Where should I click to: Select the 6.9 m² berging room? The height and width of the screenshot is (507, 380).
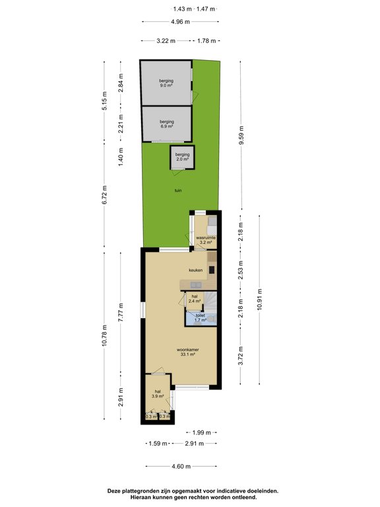point(166,124)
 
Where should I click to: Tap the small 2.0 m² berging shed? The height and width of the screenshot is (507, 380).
point(181,157)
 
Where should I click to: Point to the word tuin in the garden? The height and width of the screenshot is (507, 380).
point(178,190)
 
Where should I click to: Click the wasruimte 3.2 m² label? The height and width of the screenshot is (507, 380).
point(206,240)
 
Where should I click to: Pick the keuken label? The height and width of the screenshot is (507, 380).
point(195,270)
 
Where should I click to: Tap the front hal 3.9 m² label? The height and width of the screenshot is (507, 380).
point(158,394)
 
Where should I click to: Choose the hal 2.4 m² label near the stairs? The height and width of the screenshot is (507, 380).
point(195,299)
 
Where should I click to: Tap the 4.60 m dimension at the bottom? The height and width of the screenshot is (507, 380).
point(181,467)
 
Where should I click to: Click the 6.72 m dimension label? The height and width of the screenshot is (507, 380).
point(104,197)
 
